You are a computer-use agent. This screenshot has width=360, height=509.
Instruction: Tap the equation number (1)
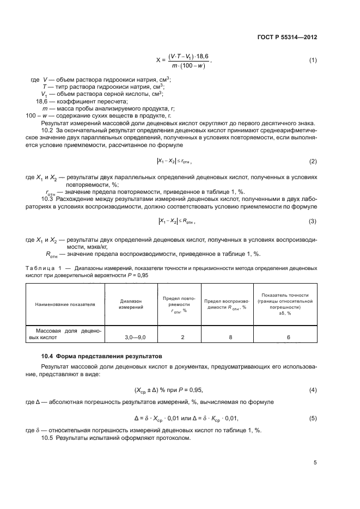pyautogui.click(x=313, y=59)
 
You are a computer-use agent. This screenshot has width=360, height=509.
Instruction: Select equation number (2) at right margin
pyautogui.click(x=313, y=162)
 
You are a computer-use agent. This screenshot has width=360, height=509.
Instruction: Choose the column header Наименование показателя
pyautogui.click(x=65, y=304)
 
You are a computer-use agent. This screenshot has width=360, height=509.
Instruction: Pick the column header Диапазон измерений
pyautogui.click(x=131, y=304)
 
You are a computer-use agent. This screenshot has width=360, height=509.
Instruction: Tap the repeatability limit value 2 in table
pyautogui.click(x=182, y=338)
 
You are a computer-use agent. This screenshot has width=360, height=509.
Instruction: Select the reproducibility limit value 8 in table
pyautogui.click(x=230, y=338)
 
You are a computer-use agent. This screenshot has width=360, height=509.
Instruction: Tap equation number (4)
pyautogui.click(x=313, y=390)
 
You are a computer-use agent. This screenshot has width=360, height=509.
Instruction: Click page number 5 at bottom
pyautogui.click(x=315, y=462)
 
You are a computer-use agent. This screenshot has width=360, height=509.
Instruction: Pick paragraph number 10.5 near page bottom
pyautogui.click(x=48, y=438)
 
